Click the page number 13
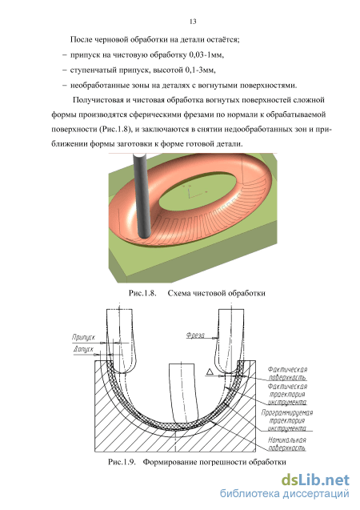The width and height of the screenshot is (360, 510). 193,22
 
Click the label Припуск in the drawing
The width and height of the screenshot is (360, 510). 83,337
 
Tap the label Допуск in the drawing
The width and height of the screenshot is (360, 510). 83,349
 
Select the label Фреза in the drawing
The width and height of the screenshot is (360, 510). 195,335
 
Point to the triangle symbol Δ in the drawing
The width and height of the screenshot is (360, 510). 210,371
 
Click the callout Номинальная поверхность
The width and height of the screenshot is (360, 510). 287,444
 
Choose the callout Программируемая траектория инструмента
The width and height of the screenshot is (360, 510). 287,420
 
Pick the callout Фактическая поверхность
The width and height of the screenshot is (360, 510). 287,373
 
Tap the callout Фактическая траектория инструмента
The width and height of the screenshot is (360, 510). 287,394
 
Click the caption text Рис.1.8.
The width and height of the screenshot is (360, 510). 142,293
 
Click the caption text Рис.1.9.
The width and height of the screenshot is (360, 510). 122,462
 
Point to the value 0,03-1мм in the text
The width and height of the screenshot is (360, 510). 206,55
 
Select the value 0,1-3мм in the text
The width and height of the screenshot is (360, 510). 200,70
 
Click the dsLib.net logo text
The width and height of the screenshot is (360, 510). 315,480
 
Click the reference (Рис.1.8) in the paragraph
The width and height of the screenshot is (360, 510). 115,130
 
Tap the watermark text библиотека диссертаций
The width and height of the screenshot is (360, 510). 285,494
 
